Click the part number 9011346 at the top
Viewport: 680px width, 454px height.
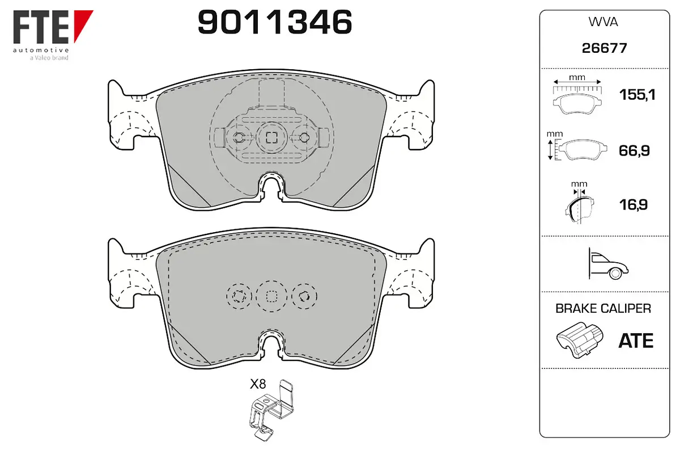click(275, 22)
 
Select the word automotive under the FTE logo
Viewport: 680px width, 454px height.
click(41, 50)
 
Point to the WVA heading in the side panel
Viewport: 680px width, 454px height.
click(603, 22)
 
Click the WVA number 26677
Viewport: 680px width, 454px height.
click(604, 48)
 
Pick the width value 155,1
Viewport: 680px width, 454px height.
click(637, 95)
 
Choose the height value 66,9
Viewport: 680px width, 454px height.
click(634, 150)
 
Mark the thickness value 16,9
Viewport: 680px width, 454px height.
click(634, 205)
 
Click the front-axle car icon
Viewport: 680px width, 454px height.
click(608, 263)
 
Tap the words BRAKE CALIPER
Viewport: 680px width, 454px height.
click(603, 308)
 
